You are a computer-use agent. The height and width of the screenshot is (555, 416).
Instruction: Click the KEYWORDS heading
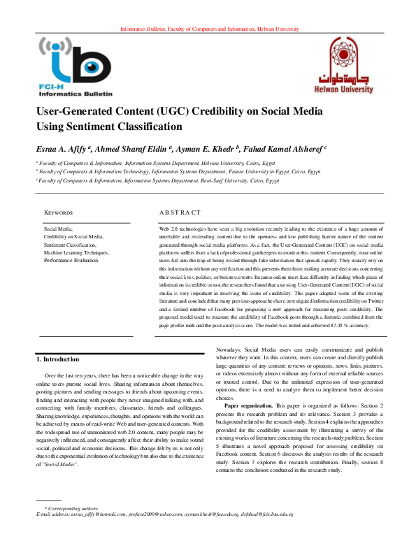tap(59, 212)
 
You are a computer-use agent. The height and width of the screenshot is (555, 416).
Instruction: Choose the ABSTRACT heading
tap(180, 212)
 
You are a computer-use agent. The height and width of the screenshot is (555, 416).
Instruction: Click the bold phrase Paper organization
tap(250, 405)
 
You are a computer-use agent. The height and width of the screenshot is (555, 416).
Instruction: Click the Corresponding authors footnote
tap(72, 507)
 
